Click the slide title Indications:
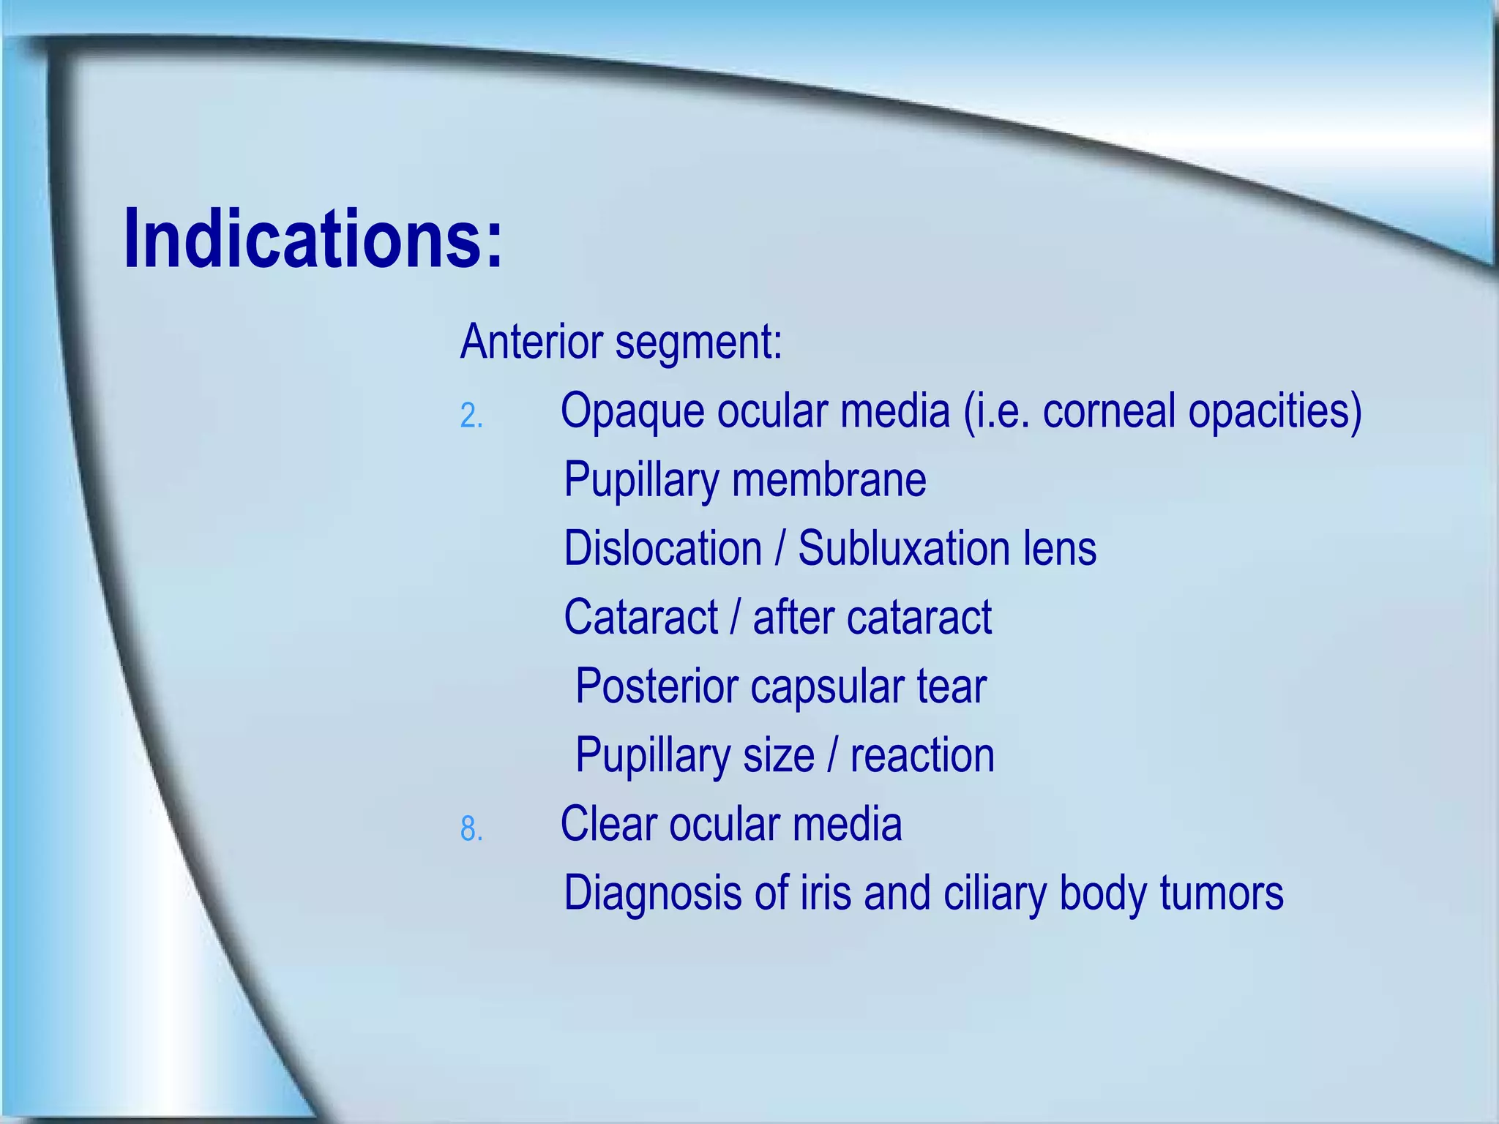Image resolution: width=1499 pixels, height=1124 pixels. point(313,239)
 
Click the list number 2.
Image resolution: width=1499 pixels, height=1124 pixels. point(471,416)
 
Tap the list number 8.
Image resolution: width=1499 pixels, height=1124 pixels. point(471,829)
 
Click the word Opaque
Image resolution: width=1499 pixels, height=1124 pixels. point(632,412)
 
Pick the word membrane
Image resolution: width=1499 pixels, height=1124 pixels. point(829,480)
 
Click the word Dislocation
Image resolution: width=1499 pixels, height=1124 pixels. point(663,548)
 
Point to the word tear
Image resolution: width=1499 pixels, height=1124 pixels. point(952,686)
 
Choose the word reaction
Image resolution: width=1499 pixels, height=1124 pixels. point(922,755)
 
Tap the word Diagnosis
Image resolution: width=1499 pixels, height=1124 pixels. point(652,894)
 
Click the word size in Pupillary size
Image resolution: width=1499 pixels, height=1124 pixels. point(778,755)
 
